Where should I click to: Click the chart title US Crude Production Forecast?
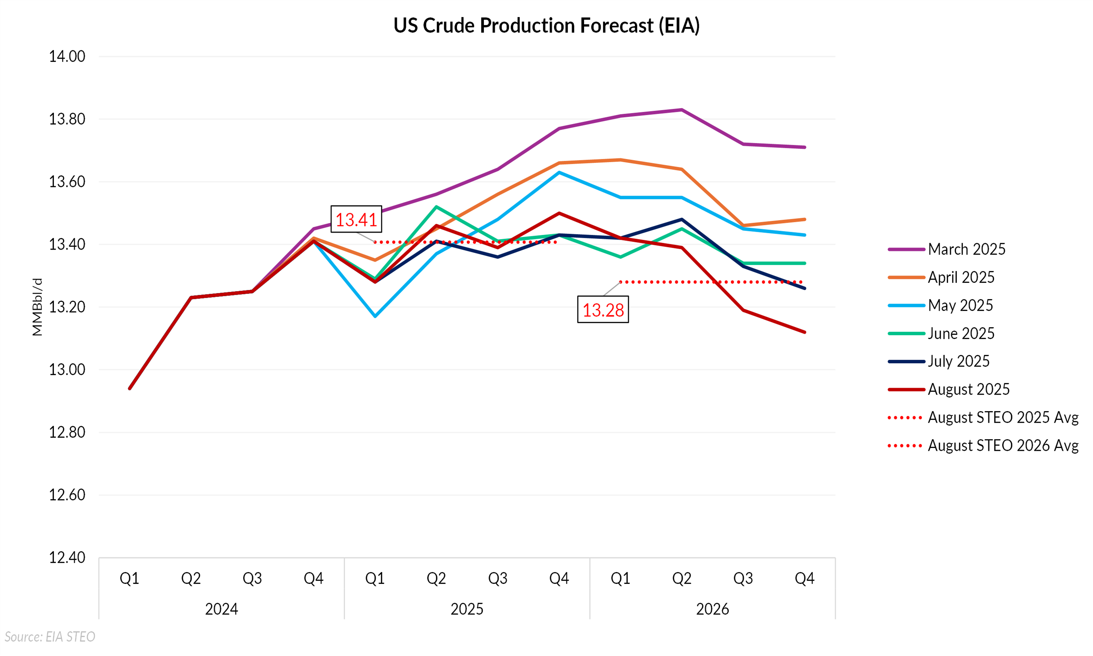click(x=546, y=26)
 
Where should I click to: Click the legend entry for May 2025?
click(x=960, y=305)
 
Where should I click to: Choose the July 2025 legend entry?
click(x=958, y=362)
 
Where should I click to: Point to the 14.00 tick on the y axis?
click(x=67, y=56)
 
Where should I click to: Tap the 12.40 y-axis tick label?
click(x=67, y=558)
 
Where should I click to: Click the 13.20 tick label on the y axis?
click(x=67, y=307)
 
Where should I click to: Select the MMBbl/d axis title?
click(x=38, y=307)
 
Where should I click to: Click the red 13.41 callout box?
click(x=356, y=219)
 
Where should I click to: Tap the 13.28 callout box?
click(x=603, y=310)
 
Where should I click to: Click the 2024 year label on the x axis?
click(x=222, y=609)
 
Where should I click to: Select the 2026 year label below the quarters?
click(x=713, y=609)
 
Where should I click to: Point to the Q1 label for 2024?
click(x=129, y=579)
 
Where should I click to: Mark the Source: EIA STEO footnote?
click(x=50, y=637)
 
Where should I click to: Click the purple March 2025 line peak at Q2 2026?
click(x=682, y=110)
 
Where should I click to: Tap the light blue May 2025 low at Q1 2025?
click(x=375, y=316)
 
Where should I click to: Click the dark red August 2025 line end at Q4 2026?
click(x=804, y=332)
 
